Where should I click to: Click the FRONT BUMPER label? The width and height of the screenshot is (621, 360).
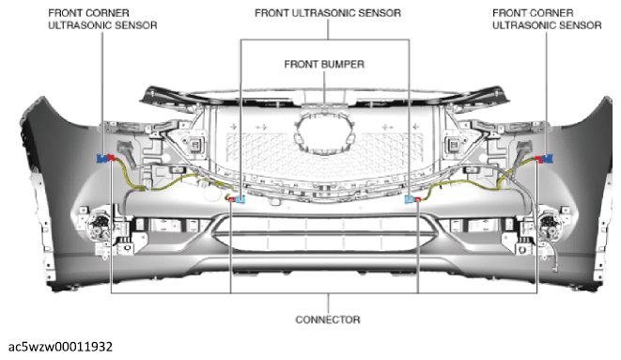click(x=324, y=64)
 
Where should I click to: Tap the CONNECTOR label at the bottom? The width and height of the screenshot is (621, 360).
click(x=328, y=320)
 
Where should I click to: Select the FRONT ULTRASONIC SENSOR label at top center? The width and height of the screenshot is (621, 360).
click(x=328, y=13)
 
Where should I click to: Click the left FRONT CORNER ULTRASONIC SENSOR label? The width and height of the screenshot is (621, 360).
click(x=102, y=19)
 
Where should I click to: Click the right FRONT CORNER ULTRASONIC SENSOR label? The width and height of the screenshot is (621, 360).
click(x=547, y=19)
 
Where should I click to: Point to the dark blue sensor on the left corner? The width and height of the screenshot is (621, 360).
click(x=102, y=159)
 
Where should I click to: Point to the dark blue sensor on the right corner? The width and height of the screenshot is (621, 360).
click(x=548, y=159)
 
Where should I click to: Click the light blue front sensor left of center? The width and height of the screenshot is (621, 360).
click(x=240, y=199)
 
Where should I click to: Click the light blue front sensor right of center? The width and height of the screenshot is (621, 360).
click(x=410, y=199)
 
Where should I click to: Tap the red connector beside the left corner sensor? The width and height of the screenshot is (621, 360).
click(x=111, y=158)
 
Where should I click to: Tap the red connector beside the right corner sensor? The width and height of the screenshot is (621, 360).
click(x=538, y=159)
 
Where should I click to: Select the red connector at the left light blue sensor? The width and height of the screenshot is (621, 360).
click(x=232, y=199)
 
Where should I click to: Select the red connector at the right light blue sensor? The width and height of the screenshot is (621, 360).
click(x=417, y=199)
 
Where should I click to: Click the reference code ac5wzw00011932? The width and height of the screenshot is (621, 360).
click(x=60, y=347)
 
